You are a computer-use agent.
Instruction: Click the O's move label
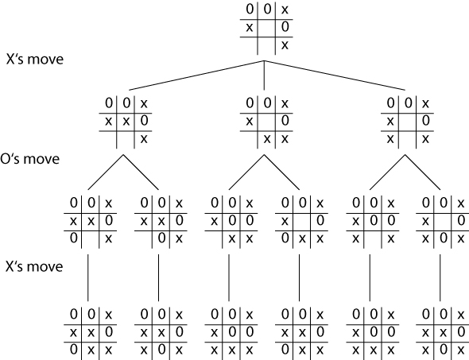[x=30, y=159]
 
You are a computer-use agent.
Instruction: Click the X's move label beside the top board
[x=35, y=59]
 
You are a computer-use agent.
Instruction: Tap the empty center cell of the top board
[x=266, y=28]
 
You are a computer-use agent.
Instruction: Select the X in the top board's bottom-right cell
[x=285, y=45]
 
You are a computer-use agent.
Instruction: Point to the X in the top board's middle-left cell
[x=249, y=28]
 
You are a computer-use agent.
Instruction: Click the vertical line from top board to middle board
[x=264, y=75]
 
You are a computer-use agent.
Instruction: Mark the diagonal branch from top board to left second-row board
[x=196, y=75]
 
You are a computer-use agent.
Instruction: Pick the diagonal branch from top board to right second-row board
[x=335, y=75]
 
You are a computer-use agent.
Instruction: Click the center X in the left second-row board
[x=126, y=122]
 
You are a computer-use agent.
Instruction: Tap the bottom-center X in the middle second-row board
[x=267, y=139]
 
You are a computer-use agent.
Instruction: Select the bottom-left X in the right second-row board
[x=390, y=139]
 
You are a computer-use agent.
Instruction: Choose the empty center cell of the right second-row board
[x=407, y=122]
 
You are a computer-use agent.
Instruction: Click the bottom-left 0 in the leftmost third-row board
[x=74, y=238]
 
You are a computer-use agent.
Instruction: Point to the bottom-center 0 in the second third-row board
[x=161, y=238]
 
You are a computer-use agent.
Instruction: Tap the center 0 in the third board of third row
[x=232, y=221]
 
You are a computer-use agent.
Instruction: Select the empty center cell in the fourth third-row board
[x=302, y=222]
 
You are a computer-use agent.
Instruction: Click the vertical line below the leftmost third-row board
[x=88, y=278]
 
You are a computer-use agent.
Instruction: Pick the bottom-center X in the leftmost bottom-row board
[x=91, y=350]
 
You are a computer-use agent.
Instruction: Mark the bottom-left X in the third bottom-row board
[x=214, y=350]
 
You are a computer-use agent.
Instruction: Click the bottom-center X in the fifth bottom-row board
[x=373, y=350]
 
